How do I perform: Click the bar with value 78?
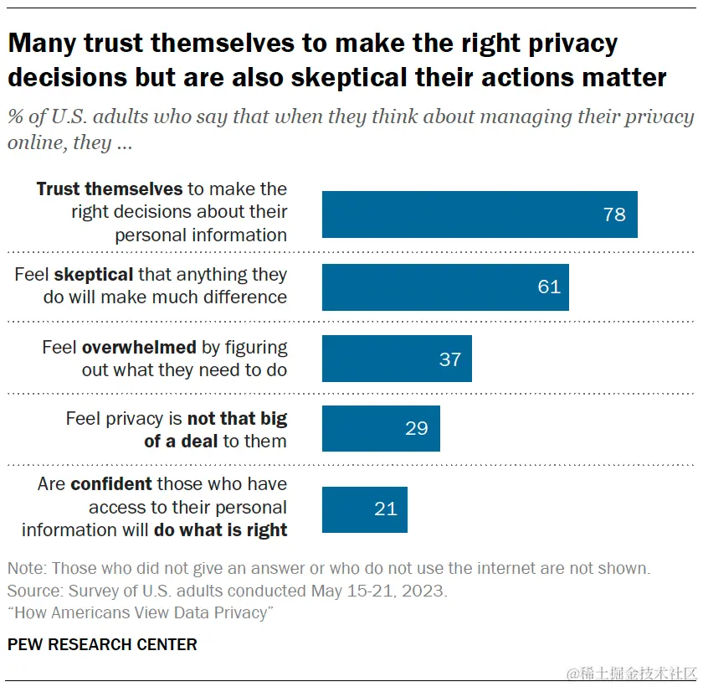point(480,214)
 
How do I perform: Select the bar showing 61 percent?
point(445,287)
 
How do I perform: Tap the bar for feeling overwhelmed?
point(397,359)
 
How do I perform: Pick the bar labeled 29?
point(381,428)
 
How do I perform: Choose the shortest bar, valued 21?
point(364,509)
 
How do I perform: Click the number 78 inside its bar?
point(614,214)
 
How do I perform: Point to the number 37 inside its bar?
point(450,359)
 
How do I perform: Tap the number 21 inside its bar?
point(386,509)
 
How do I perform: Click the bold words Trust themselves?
point(109,189)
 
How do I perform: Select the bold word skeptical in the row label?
point(94,274)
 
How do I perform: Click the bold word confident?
point(111,483)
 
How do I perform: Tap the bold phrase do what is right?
point(221,529)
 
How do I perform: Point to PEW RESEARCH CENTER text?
point(102,644)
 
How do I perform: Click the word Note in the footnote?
point(25,568)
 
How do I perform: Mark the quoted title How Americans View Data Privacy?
point(141,613)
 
